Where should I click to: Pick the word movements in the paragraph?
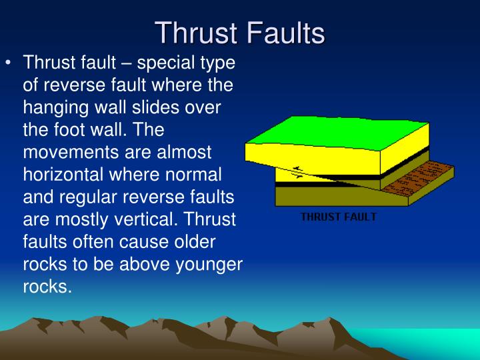(69, 151)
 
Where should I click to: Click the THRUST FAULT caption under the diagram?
(338, 217)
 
